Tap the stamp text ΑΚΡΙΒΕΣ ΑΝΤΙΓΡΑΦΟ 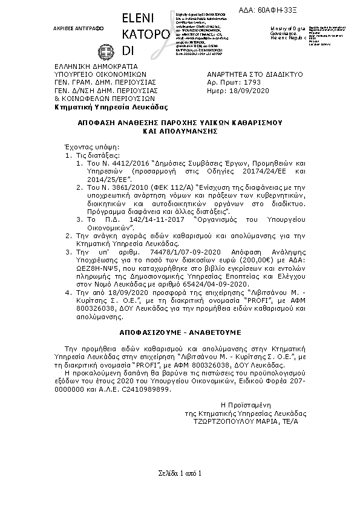[x=78, y=28]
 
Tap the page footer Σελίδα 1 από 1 [x=180, y=472]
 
